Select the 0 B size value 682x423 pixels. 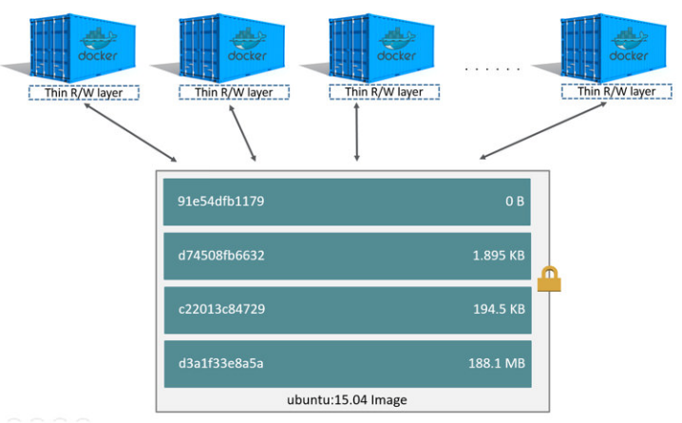point(513,202)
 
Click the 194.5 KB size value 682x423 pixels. point(499,309)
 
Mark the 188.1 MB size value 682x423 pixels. point(499,362)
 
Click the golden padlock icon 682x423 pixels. point(549,279)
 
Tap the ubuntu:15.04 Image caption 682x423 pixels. point(347,400)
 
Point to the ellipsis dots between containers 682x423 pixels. point(492,68)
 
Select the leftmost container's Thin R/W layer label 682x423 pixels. point(83,92)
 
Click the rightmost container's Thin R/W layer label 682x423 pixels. point(609,92)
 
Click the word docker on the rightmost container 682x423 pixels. point(628,55)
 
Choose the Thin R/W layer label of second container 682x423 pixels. point(234,92)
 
